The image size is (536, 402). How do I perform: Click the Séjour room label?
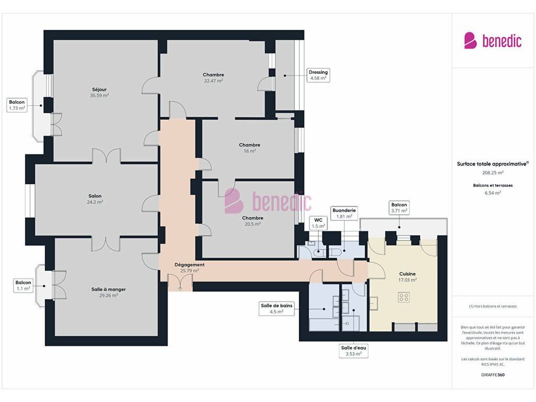pyautogui.click(x=99, y=90)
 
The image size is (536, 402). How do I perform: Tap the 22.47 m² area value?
pyautogui.click(x=214, y=81)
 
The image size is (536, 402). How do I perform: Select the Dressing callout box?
pyautogui.click(x=318, y=75)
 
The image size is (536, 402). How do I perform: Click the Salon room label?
pyautogui.click(x=95, y=196)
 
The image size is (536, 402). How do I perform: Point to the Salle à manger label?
pyautogui.click(x=108, y=289)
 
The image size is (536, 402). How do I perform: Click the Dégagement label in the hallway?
pyautogui.click(x=189, y=264)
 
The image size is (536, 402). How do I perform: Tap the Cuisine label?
pyautogui.click(x=407, y=274)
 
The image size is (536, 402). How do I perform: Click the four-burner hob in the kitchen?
pyautogui.click(x=404, y=297)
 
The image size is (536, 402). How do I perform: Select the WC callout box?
pyautogui.click(x=318, y=223)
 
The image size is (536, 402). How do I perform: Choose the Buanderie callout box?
pyautogui.click(x=344, y=214)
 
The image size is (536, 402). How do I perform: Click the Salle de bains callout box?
pyautogui.click(x=276, y=309)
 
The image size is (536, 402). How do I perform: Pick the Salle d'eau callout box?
pyautogui.click(x=353, y=351)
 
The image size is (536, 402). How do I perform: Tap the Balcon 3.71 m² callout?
pyautogui.click(x=399, y=208)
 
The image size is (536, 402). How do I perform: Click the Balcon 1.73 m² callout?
pyautogui.click(x=17, y=105)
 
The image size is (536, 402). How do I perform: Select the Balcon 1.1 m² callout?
pyautogui.click(x=23, y=285)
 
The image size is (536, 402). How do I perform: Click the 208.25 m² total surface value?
pyautogui.click(x=493, y=173)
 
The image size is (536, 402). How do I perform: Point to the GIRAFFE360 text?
pyautogui.click(x=493, y=375)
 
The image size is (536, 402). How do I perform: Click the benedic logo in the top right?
pyautogui.click(x=493, y=41)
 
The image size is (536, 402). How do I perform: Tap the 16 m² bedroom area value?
pyautogui.click(x=250, y=151)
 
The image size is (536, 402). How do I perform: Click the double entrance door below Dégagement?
pyautogui.click(x=180, y=282)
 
